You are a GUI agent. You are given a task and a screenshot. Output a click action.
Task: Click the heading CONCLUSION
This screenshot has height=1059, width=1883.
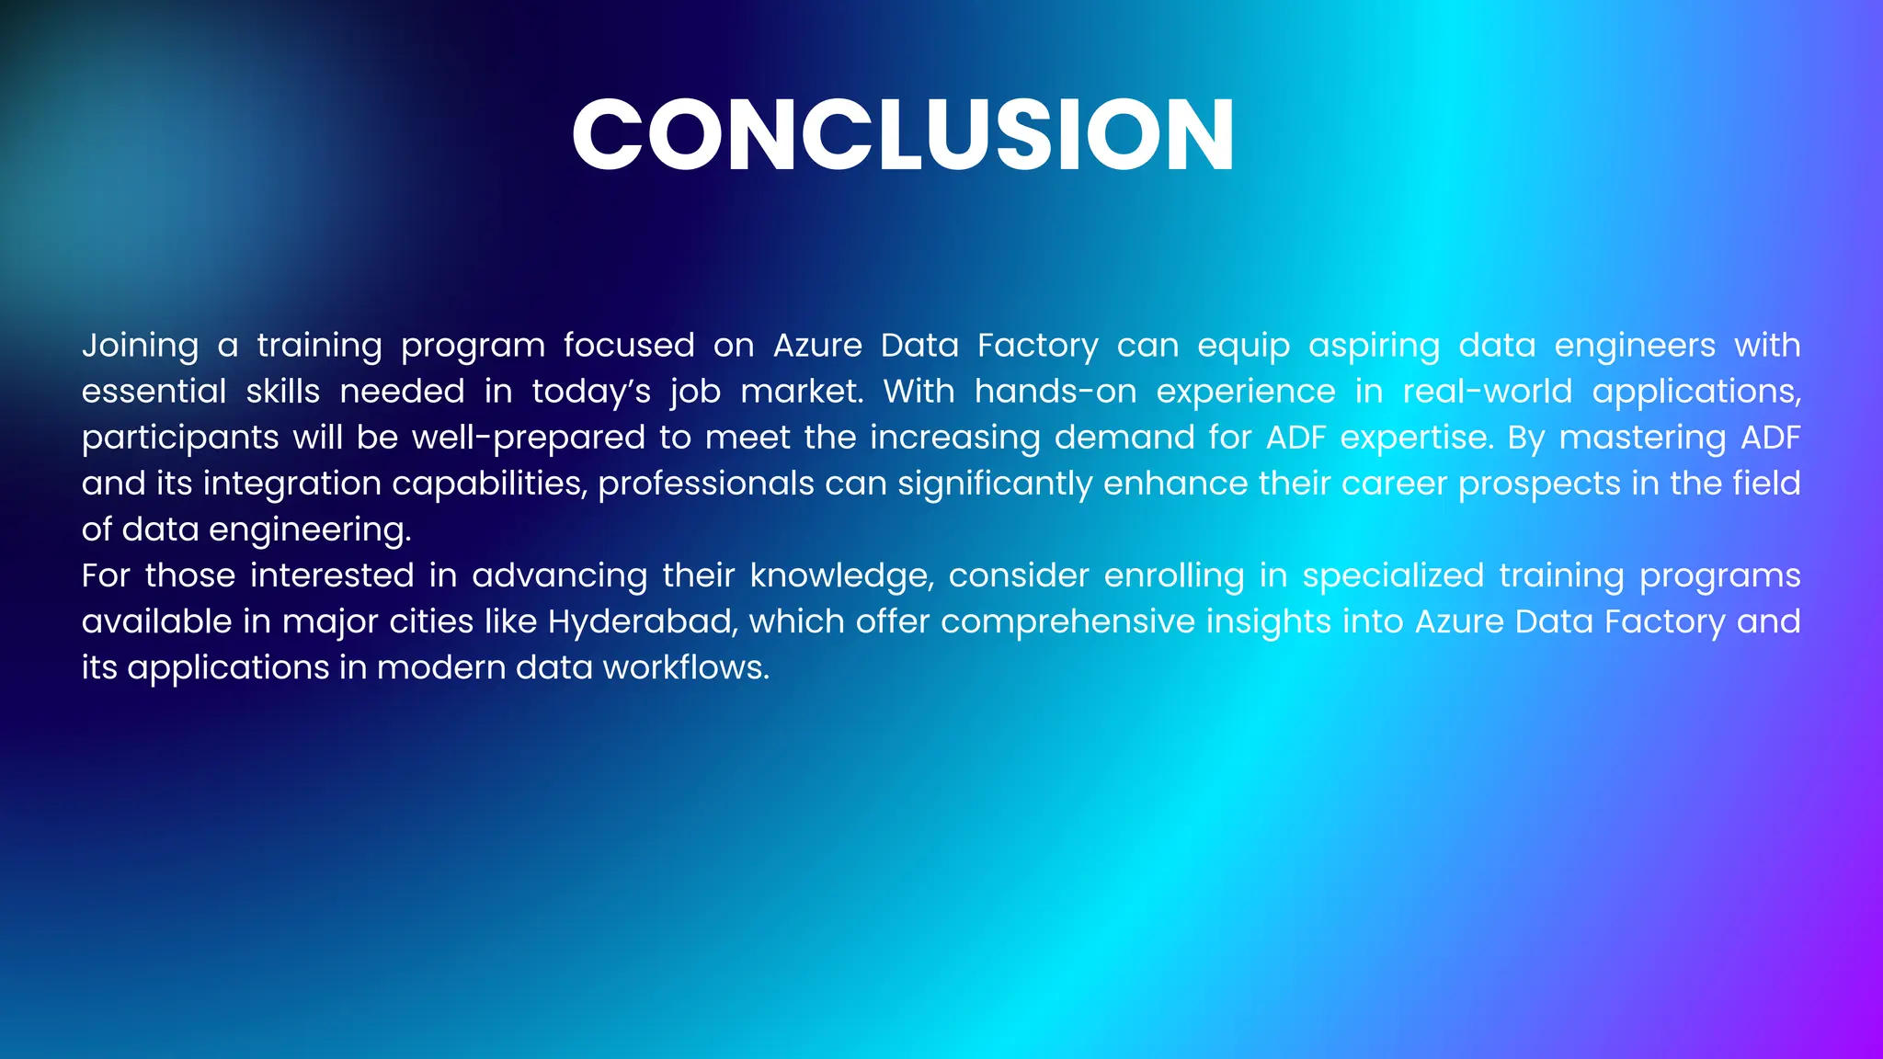coord(903,136)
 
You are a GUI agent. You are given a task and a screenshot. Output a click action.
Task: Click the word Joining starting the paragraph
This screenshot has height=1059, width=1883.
coord(140,347)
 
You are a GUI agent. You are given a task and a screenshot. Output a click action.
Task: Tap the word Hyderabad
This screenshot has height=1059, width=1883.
coord(642,622)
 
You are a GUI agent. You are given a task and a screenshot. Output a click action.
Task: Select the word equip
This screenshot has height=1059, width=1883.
coord(1243,347)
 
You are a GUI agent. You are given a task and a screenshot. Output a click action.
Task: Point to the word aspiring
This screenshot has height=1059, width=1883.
coord(1374,347)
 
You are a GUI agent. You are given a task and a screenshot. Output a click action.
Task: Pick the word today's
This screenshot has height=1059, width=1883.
coord(591,393)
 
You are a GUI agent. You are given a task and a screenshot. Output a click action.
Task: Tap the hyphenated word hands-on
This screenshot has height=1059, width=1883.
coord(1055,393)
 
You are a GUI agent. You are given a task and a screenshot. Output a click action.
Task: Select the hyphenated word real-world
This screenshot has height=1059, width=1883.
coord(1487,393)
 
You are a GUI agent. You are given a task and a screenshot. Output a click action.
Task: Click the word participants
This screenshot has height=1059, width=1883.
coord(179,438)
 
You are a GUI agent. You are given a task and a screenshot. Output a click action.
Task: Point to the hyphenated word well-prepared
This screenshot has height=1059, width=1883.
coord(528,438)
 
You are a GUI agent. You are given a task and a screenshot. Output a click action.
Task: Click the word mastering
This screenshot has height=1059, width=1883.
coord(1642,438)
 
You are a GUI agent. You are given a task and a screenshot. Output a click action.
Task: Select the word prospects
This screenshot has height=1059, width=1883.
coord(1538,484)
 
